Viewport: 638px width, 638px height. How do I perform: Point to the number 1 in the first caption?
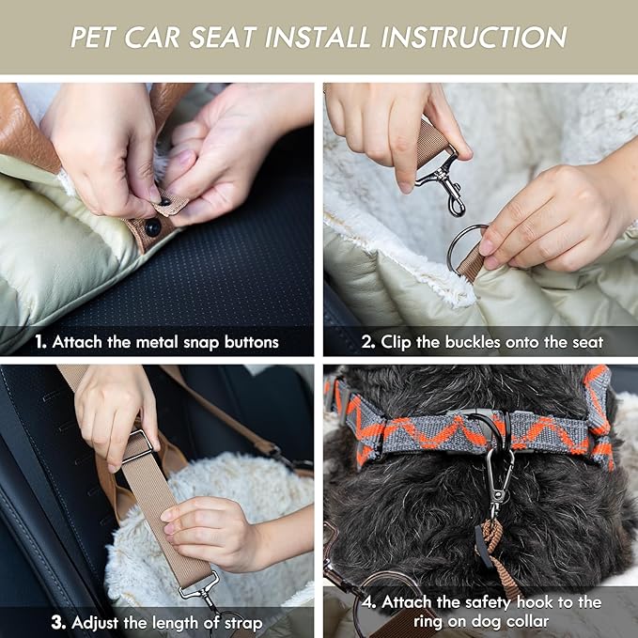40,342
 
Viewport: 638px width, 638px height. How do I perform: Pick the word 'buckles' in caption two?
474,342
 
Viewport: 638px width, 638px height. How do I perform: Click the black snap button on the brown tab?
152,227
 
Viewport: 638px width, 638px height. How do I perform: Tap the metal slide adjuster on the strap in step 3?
136,446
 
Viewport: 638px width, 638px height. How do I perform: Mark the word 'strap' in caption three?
245,621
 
